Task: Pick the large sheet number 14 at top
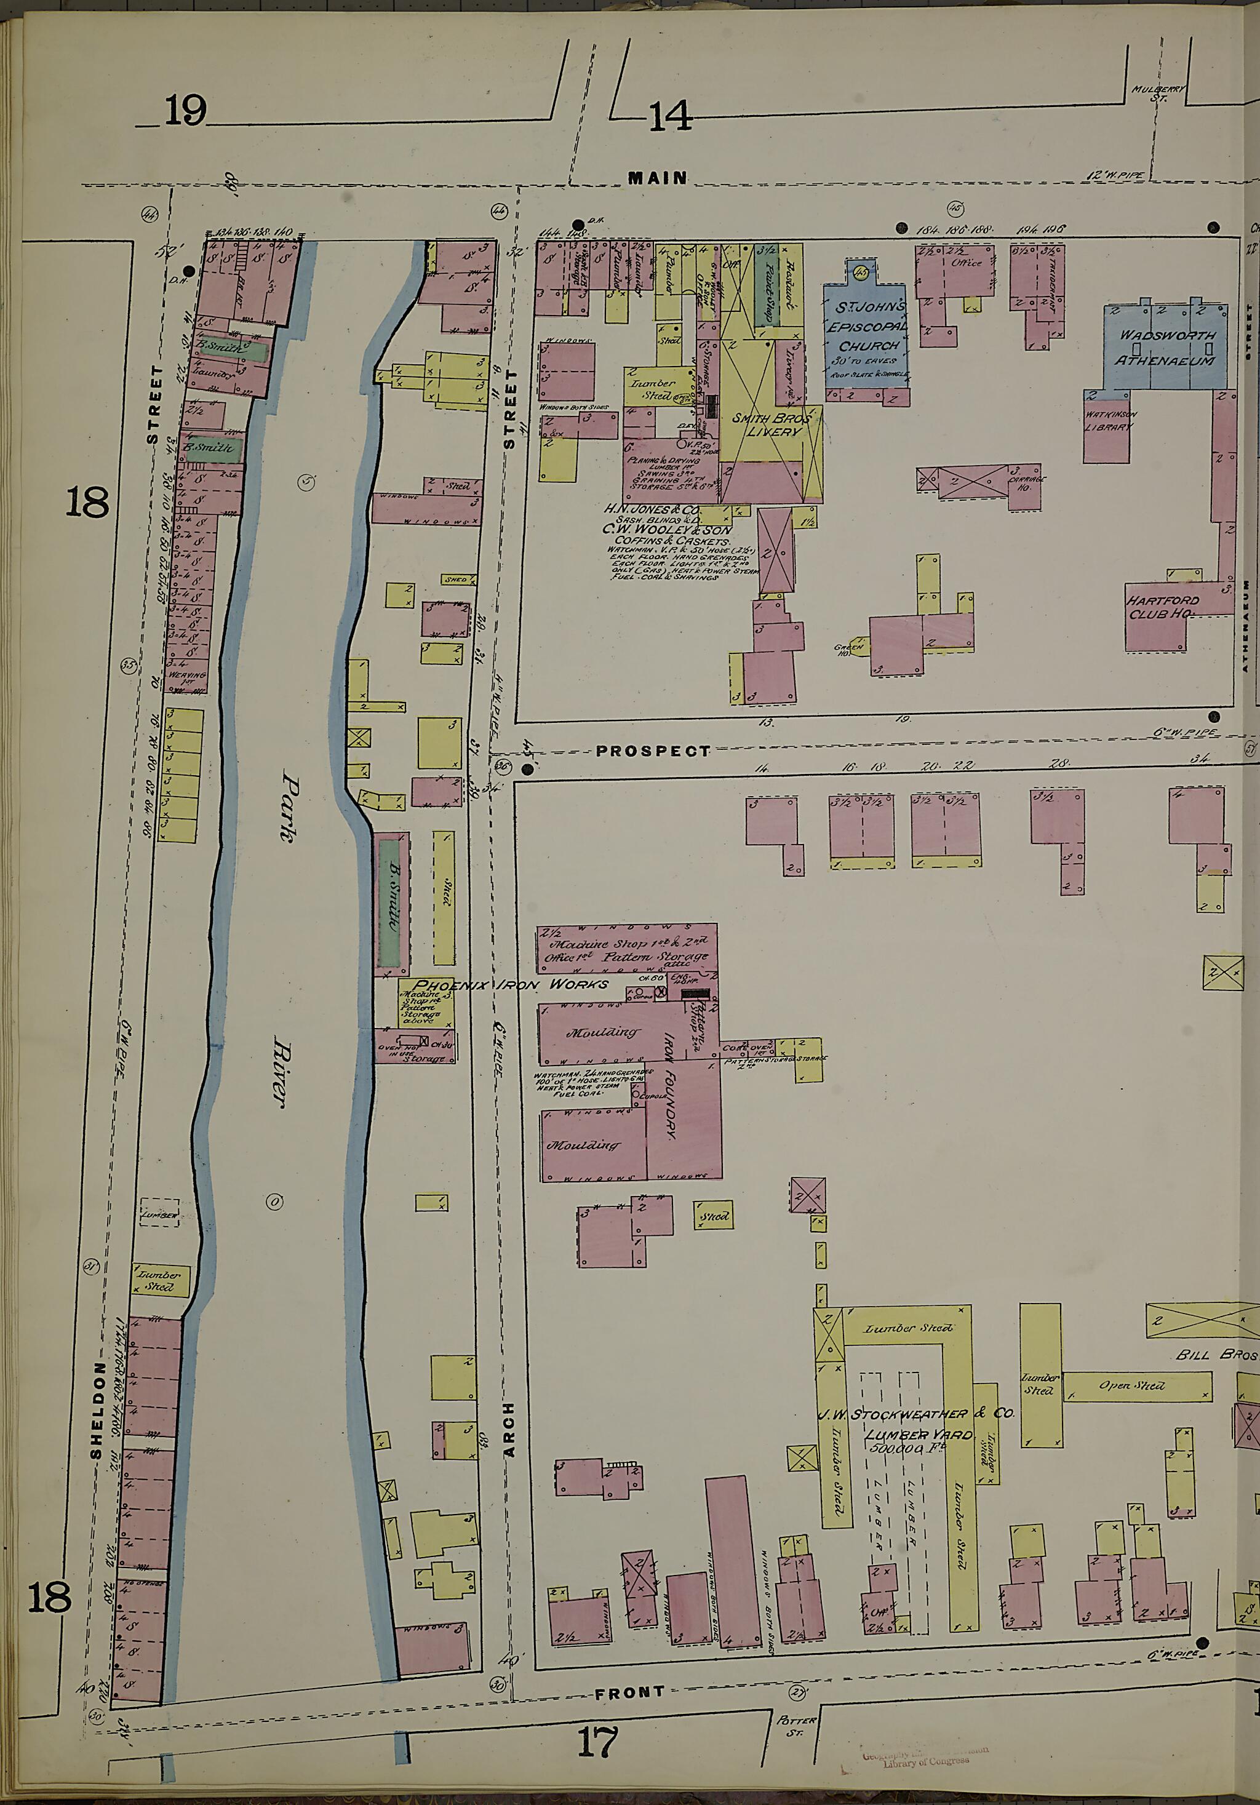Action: click(x=670, y=116)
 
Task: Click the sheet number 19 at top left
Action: click(x=186, y=110)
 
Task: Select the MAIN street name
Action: click(x=657, y=178)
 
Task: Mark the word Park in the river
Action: click(x=289, y=810)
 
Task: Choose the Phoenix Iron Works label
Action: click(x=511, y=984)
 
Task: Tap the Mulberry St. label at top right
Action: click(x=1158, y=93)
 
